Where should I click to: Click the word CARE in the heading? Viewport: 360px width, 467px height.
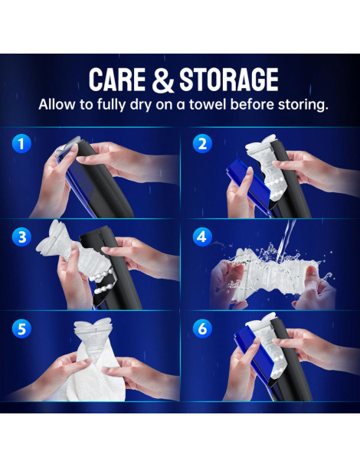point(117,80)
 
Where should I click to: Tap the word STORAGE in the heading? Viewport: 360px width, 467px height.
point(228,80)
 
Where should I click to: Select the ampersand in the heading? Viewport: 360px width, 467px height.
point(162,80)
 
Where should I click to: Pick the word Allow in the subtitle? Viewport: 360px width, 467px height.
point(57,105)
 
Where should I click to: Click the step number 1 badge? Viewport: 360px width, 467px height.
point(21,144)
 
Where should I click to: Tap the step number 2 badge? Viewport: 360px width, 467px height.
point(202,144)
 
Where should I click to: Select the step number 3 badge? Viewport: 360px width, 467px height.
point(21,237)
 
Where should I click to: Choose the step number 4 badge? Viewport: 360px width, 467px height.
point(202,237)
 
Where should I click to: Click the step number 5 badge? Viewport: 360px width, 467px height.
point(21,328)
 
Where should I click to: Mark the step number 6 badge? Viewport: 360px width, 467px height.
point(202,328)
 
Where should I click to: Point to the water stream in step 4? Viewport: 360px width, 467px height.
point(286,240)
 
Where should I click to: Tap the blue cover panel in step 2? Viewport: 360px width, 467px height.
point(248,185)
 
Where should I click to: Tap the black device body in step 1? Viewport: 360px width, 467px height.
point(104,181)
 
